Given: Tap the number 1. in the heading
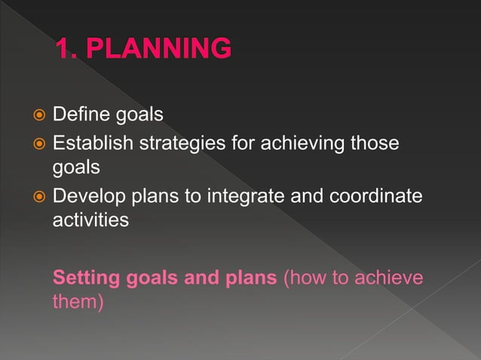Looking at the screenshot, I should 69,49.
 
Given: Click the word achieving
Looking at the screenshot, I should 293,143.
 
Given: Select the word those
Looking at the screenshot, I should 371,143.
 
